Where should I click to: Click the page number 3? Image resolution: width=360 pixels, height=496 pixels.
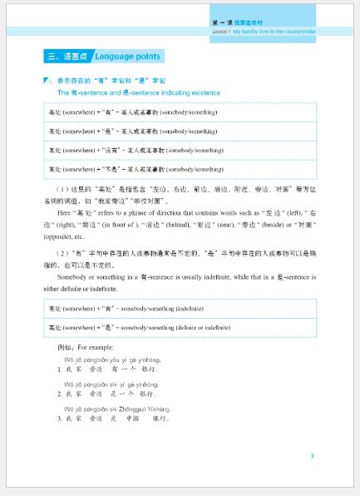[311, 455]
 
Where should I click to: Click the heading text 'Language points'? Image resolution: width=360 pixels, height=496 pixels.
[128, 57]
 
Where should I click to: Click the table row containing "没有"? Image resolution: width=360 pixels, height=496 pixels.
[180, 150]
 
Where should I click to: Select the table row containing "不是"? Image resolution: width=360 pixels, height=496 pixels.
[180, 168]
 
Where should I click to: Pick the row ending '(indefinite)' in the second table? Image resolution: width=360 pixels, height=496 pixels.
[180, 309]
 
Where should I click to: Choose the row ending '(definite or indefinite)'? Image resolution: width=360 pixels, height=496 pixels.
[180, 327]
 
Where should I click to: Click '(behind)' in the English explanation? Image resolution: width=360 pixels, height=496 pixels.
[200, 225]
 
